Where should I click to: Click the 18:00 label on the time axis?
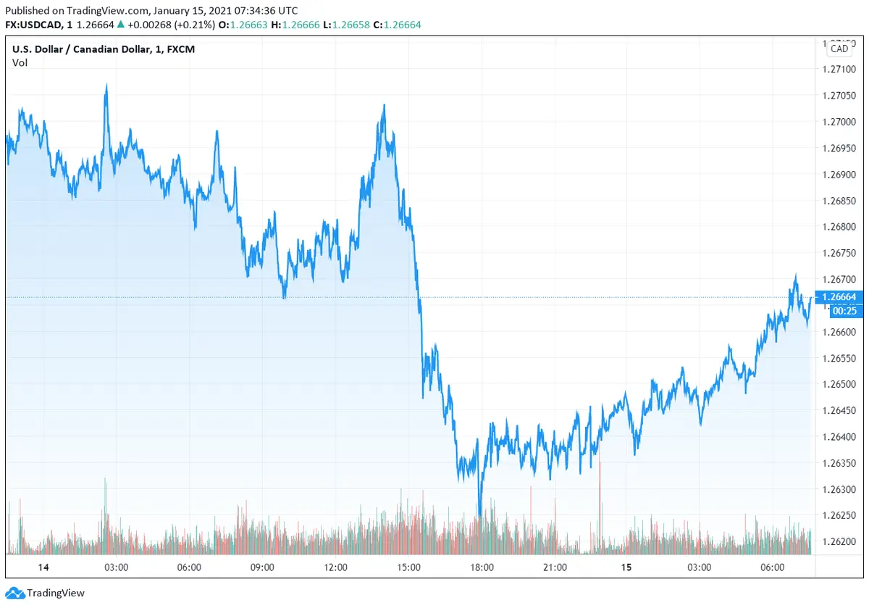click(482, 567)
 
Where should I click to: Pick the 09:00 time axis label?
click(262, 567)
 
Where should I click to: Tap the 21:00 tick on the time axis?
click(555, 567)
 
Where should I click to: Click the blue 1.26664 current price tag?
click(839, 297)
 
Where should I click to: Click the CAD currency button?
click(839, 49)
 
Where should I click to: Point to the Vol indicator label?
click(20, 63)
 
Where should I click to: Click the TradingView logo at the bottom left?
click(46, 593)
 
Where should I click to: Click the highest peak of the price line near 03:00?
click(106, 86)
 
